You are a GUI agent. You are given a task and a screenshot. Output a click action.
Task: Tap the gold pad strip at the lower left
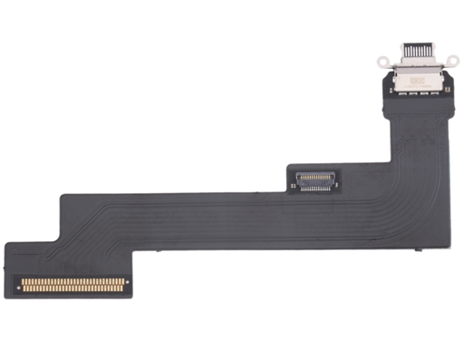pyautogui.click(x=72, y=284)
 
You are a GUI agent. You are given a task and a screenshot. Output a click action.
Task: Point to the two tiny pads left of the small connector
pyautogui.click(x=292, y=182)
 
